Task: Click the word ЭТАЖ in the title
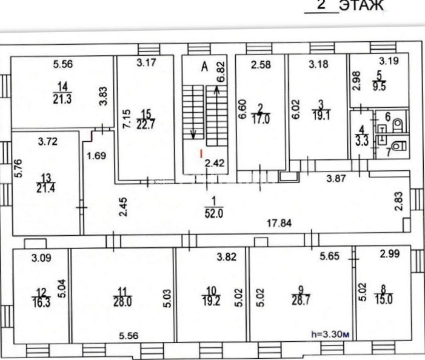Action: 361,5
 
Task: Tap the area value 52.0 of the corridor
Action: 214,214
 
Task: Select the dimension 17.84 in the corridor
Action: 279,223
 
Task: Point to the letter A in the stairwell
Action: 205,67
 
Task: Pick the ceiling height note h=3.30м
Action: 330,335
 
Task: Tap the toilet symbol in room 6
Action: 398,124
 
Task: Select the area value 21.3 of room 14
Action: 62,99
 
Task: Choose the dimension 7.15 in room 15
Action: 127,119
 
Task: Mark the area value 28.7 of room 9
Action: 301,300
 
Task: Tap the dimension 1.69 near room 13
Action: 96,156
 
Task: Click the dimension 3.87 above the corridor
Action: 336,179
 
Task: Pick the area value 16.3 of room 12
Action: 41,302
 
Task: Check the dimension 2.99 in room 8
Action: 390,253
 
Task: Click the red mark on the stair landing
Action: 201,153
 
